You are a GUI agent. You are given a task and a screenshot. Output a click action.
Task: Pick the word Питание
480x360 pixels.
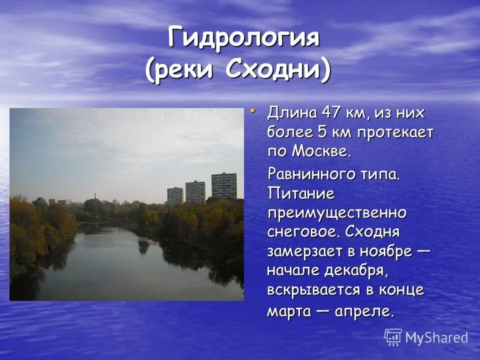point(300,193)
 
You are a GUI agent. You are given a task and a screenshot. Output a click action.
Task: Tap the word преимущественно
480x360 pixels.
point(336,213)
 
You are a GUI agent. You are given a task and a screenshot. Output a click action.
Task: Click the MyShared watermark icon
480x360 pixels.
point(393,337)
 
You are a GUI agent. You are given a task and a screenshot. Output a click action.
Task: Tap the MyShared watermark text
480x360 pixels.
point(436,338)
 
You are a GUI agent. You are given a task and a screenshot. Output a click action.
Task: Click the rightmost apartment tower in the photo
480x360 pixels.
point(223,186)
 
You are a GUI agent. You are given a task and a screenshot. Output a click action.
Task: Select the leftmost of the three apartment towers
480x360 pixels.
point(174,195)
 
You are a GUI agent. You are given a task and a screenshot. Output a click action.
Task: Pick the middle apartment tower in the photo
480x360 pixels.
point(195,192)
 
